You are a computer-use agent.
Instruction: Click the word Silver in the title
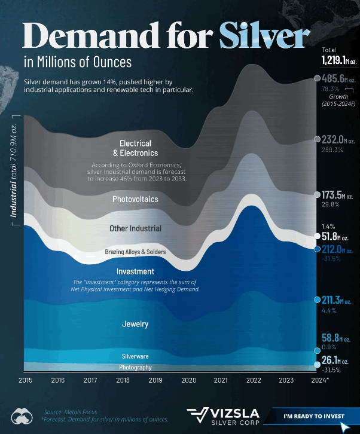pyautogui.click(x=264, y=35)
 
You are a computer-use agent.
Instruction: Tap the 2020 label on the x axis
pyautogui.click(x=188, y=380)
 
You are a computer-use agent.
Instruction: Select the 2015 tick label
pyautogui.click(x=26, y=380)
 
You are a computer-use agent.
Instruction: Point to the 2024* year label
pyautogui.click(x=319, y=380)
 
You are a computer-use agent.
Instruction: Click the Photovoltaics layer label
pyautogui.click(x=135, y=199)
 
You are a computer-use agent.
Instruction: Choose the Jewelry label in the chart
pyautogui.click(x=135, y=324)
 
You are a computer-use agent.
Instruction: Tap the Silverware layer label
pyautogui.click(x=135, y=356)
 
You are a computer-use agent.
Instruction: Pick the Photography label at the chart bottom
pyautogui.click(x=135, y=367)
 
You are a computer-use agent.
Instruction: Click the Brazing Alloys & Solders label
pyautogui.click(x=135, y=252)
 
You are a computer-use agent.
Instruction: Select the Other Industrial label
pyautogui.click(x=135, y=228)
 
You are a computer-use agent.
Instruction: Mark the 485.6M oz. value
pyautogui.click(x=338, y=78)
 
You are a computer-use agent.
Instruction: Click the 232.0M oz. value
pyautogui.click(x=338, y=139)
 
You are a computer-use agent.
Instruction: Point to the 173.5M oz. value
pyautogui.click(x=337, y=195)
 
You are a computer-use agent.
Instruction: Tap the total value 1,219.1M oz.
pyautogui.click(x=339, y=60)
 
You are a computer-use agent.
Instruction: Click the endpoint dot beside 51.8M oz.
pyautogui.click(x=317, y=236)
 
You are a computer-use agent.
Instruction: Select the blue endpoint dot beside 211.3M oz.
pyautogui.click(x=317, y=299)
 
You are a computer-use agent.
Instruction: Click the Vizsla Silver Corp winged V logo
pyautogui.click(x=198, y=415)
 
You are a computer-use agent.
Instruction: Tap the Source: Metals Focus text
pyautogui.click(x=71, y=412)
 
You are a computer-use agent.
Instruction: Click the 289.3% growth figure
pyautogui.click(x=332, y=149)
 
